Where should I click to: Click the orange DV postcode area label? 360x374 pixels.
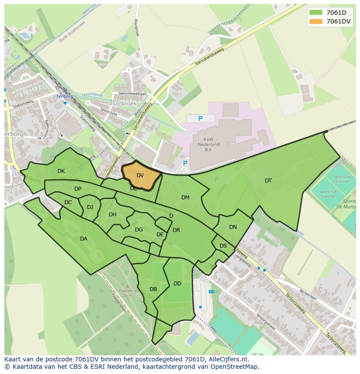140,175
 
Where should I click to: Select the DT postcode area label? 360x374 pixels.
268,181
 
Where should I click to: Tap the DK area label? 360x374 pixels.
61,171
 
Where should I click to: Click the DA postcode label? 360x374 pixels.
83,239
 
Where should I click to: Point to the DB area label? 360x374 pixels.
153,289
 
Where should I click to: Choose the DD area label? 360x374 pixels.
177,284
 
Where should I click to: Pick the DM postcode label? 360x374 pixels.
185,198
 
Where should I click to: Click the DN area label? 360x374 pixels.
233,227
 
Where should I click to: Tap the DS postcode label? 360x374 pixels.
223,246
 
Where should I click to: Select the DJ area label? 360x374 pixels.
90,207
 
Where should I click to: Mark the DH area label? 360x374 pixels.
113,215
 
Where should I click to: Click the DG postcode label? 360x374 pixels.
139,230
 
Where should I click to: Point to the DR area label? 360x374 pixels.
176,230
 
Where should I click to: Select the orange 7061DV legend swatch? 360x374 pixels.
316,21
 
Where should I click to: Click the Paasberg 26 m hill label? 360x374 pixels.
127,292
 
